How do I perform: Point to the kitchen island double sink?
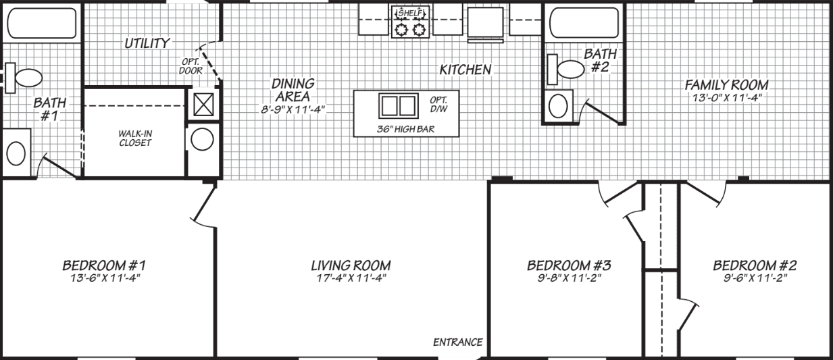[397, 106]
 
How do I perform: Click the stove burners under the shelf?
[411, 29]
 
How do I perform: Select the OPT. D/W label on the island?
[438, 105]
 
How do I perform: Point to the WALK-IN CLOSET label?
[134, 138]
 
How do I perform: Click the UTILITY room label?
[147, 43]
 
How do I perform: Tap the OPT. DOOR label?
[189, 66]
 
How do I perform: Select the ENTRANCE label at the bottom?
[458, 342]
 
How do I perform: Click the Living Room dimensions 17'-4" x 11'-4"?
[350, 278]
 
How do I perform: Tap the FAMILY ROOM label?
[726, 85]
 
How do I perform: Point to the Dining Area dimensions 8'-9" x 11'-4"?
[293, 108]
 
